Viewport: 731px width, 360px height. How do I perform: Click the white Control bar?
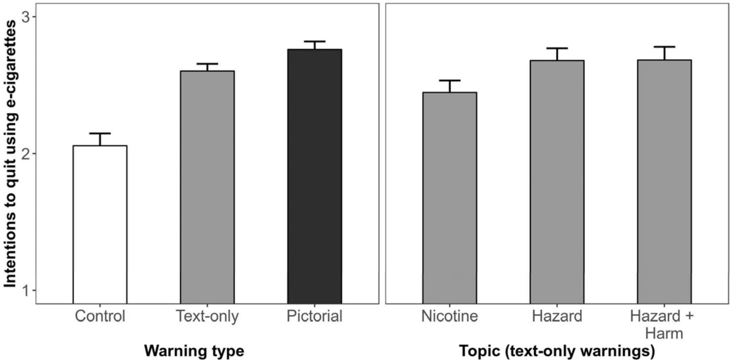[100, 224]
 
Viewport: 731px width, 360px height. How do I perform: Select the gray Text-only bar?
[207, 187]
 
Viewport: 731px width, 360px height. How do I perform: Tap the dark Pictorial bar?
[315, 177]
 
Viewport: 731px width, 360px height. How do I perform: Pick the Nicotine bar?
[450, 198]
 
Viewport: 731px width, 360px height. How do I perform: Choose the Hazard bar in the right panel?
[557, 182]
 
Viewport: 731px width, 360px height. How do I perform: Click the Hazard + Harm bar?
[664, 182]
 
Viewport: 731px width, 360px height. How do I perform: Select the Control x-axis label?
[100, 316]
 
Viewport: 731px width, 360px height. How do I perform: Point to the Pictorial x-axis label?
[315, 316]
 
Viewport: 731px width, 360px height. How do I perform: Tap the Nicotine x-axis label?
[450, 316]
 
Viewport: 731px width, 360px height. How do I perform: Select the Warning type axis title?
[194, 351]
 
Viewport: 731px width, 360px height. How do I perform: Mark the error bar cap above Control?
[100, 133]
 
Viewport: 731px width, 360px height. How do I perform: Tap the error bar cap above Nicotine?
[450, 80]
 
